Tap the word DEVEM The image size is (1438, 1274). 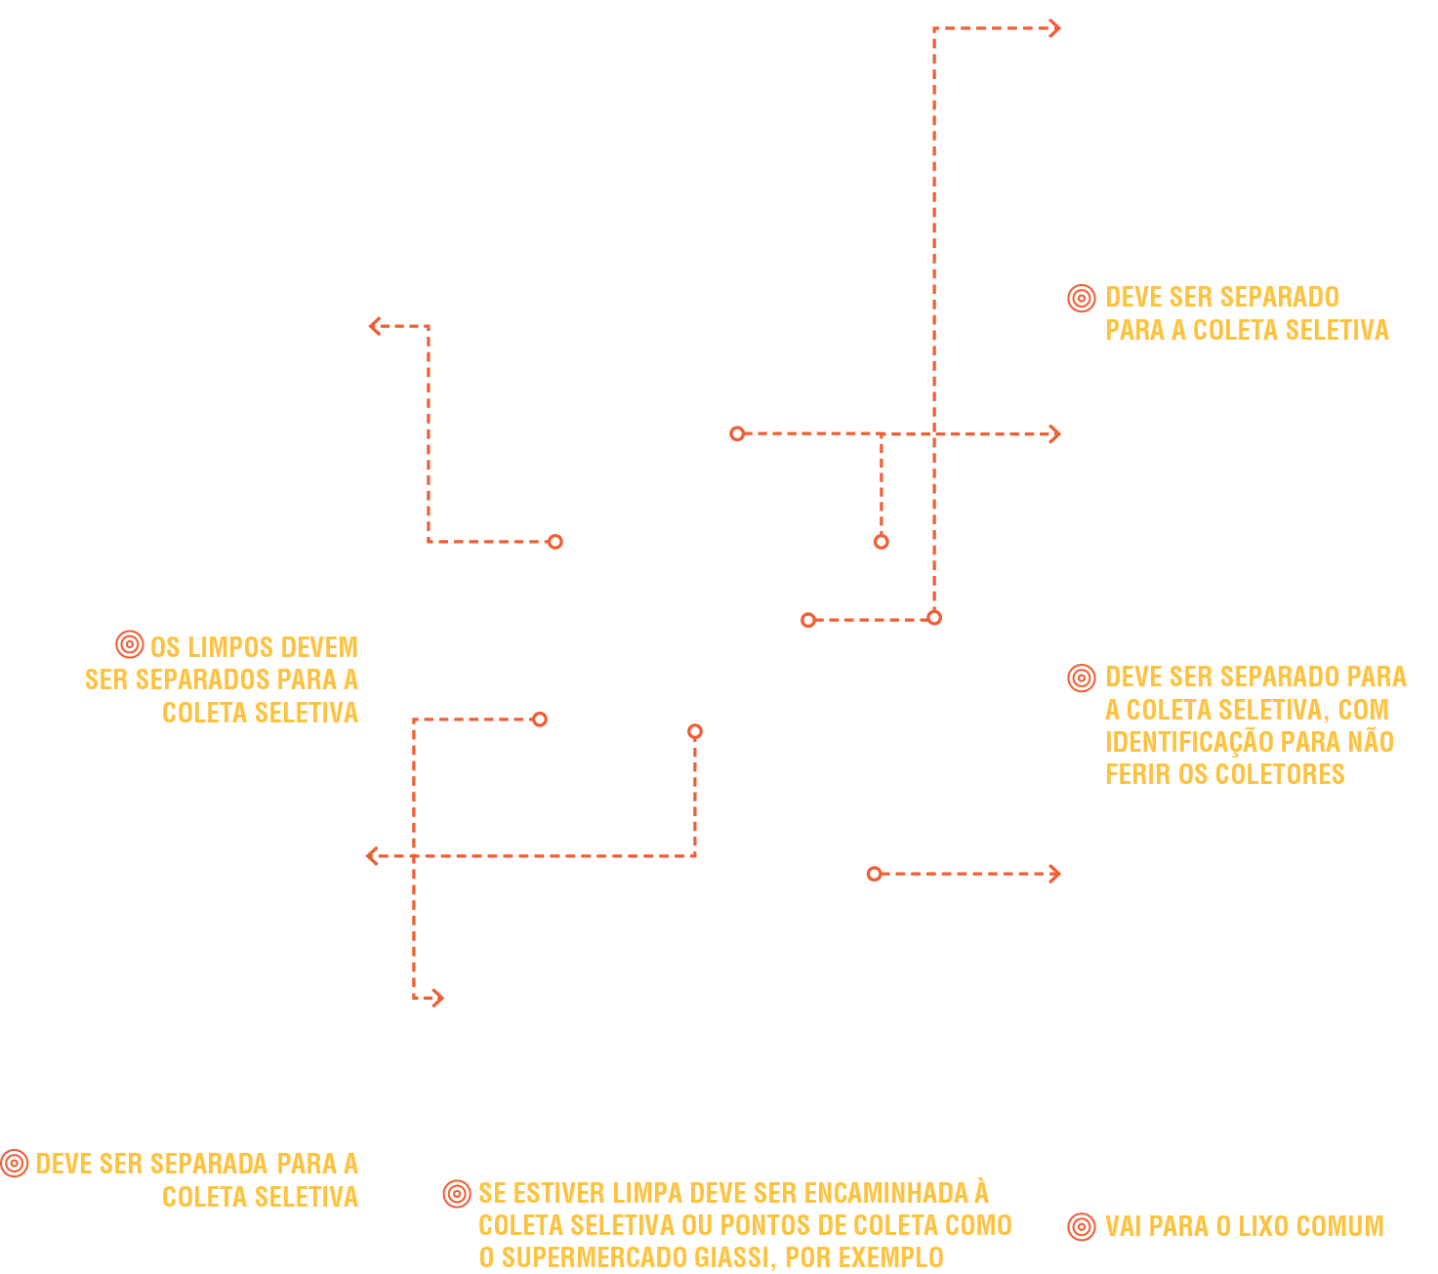click(320, 647)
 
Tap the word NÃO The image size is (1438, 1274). click(1371, 742)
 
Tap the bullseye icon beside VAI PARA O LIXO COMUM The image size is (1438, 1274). click(1082, 1226)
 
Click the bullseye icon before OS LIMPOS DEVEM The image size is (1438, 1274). click(130, 644)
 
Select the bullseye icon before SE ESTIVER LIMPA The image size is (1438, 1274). click(457, 1193)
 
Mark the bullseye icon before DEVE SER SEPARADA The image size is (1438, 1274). click(14, 1163)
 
